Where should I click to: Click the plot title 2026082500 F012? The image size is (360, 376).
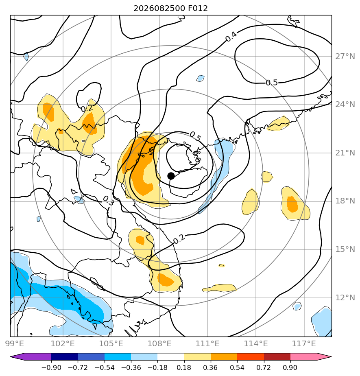170,9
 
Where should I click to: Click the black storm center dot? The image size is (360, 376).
171,176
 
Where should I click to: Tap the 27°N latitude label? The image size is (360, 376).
345,57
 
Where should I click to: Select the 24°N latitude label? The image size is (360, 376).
345,105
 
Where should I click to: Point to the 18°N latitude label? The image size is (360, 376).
345,201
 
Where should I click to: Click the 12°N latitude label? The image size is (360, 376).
345,298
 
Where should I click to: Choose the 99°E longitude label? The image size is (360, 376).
15,344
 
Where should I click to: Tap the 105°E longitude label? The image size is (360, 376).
111,344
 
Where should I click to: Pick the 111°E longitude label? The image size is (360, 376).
207,344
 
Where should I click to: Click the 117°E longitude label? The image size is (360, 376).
304,344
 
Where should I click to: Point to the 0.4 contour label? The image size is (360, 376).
231,37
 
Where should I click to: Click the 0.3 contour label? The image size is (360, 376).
108,201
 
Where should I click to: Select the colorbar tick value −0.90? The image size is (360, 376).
51,367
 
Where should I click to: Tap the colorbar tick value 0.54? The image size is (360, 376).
237,367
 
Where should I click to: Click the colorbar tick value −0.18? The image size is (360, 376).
157,367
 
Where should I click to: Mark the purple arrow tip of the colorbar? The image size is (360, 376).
10,357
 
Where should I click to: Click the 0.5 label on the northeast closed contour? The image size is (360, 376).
272,83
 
